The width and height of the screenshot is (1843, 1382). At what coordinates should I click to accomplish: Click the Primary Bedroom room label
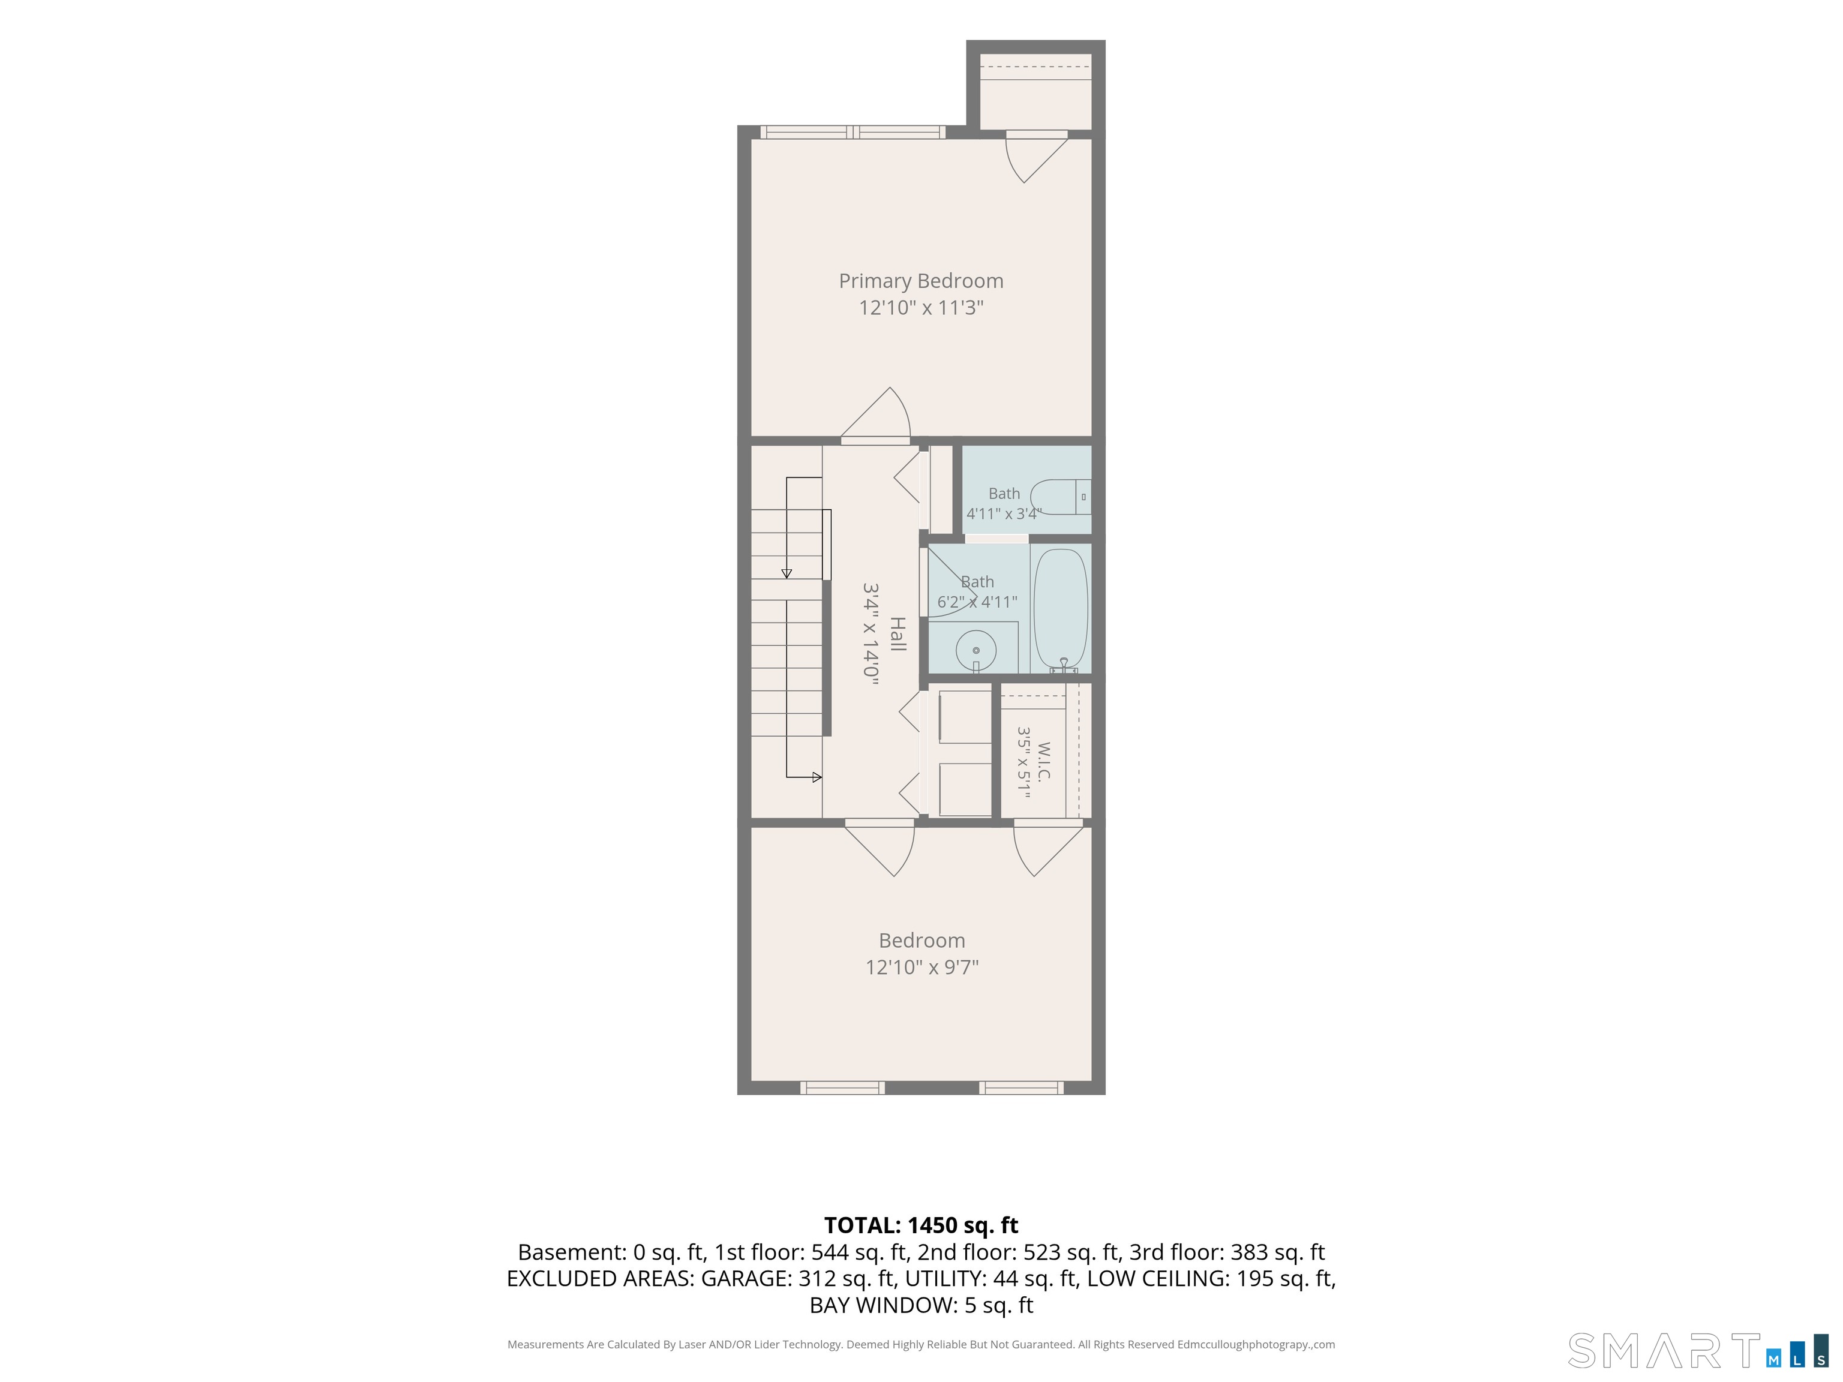(921, 281)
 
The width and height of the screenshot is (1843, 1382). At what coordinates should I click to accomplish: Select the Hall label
(898, 634)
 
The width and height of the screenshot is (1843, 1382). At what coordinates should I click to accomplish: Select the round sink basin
(975, 650)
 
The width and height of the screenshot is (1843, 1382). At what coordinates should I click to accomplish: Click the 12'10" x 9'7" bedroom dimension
(921, 967)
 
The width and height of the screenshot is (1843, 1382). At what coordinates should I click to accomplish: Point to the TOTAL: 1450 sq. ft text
(921, 1225)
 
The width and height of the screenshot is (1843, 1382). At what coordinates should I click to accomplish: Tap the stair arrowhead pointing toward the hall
(817, 777)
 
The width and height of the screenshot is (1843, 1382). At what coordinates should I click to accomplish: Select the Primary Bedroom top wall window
(853, 131)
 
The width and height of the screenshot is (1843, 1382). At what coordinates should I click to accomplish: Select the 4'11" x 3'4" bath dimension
(1004, 514)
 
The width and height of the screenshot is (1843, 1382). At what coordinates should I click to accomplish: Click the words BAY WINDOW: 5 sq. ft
(921, 1305)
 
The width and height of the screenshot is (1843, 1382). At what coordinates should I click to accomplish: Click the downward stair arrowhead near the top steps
(787, 573)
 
